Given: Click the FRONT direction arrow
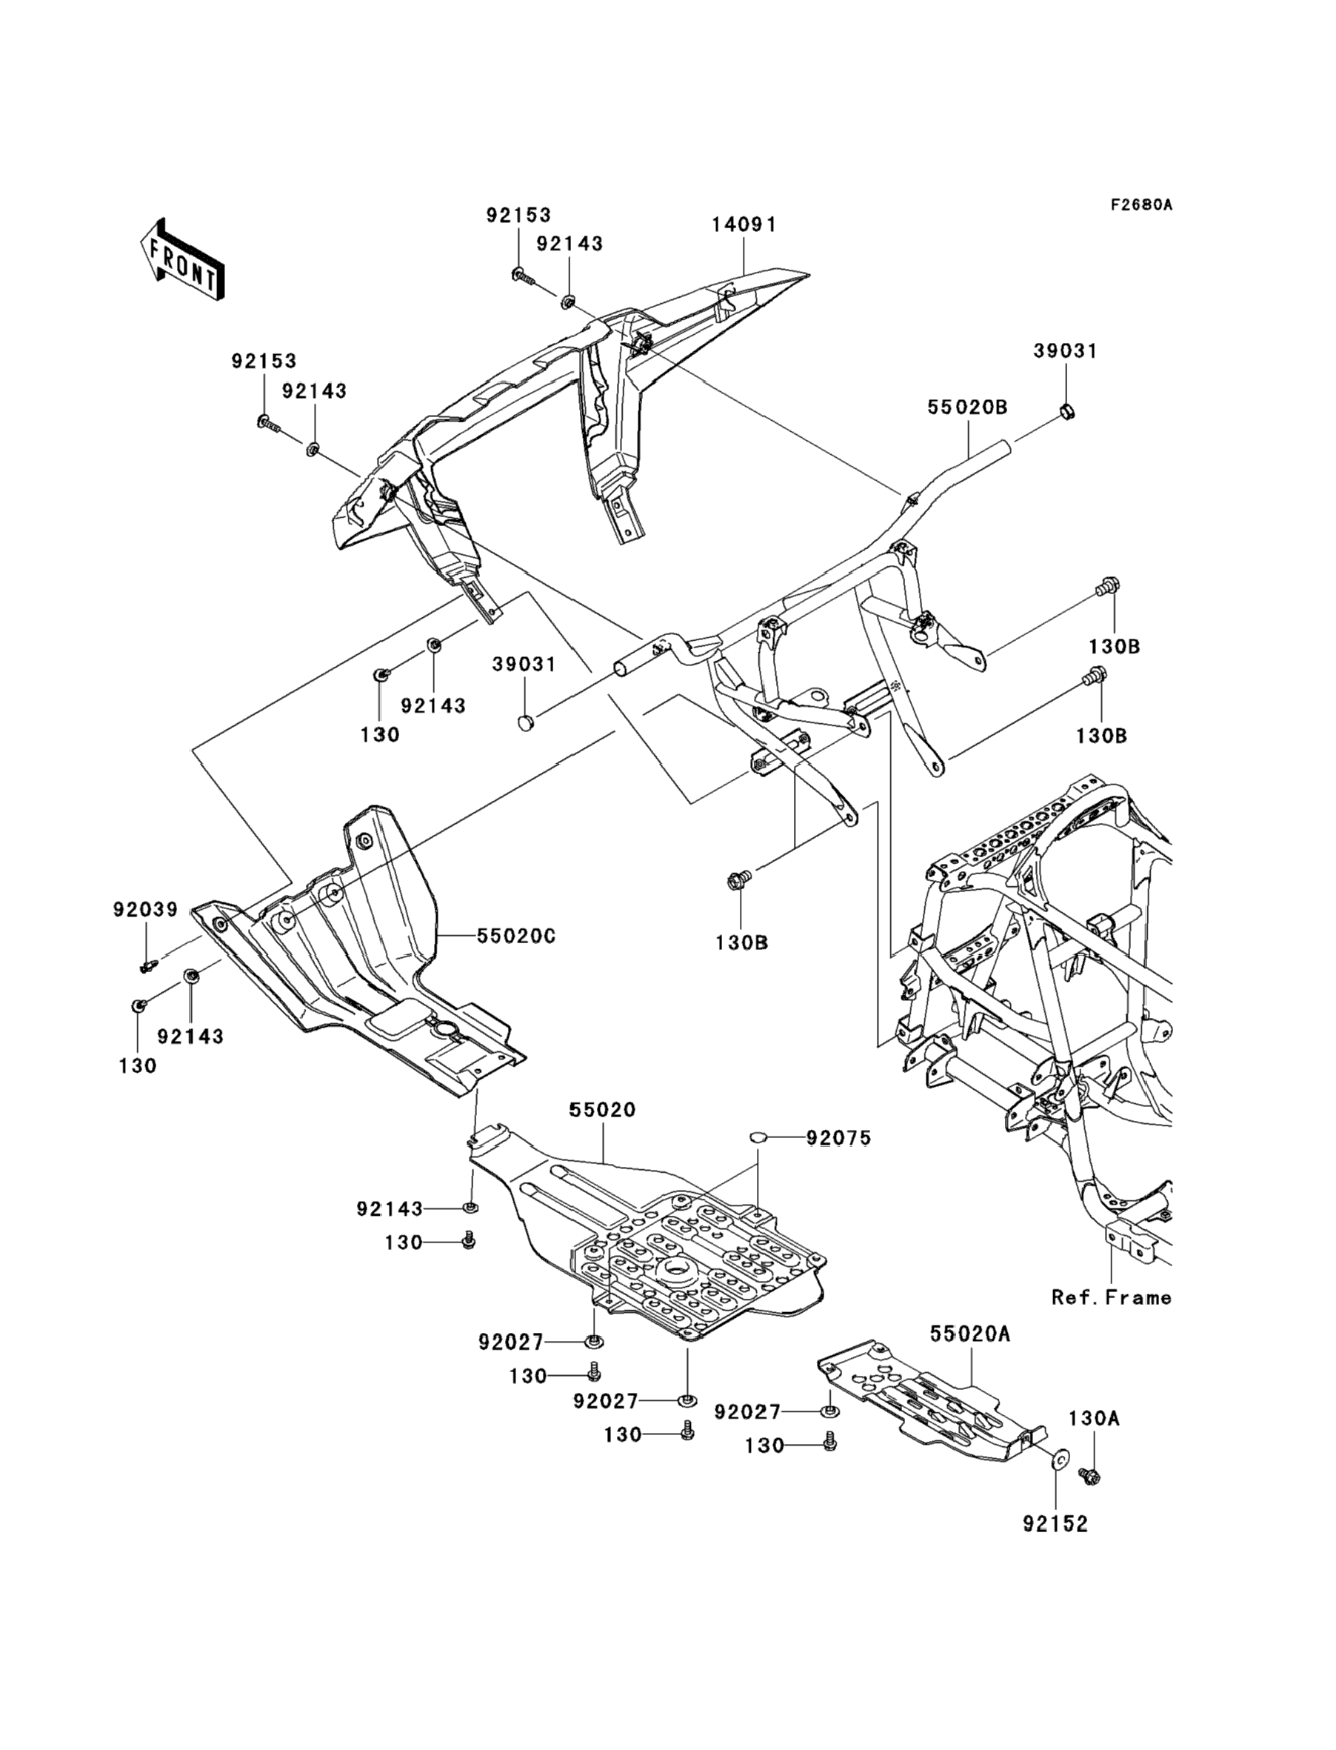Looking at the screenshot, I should tap(182, 261).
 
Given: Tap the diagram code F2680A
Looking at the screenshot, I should tap(1141, 205).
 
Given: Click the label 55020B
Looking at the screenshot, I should tap(967, 408).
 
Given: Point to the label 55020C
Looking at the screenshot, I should tap(516, 936).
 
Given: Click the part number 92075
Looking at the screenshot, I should tap(839, 1138).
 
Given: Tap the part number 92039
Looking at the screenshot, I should tap(146, 909).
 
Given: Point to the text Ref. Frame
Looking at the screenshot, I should tap(1111, 1297).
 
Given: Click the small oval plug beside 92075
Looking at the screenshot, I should tap(757, 1137).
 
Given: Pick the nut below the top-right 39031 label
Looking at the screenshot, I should tap(1067, 412).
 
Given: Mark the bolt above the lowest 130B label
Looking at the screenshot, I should tap(735, 881).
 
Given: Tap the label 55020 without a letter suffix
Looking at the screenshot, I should tap(602, 1110).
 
